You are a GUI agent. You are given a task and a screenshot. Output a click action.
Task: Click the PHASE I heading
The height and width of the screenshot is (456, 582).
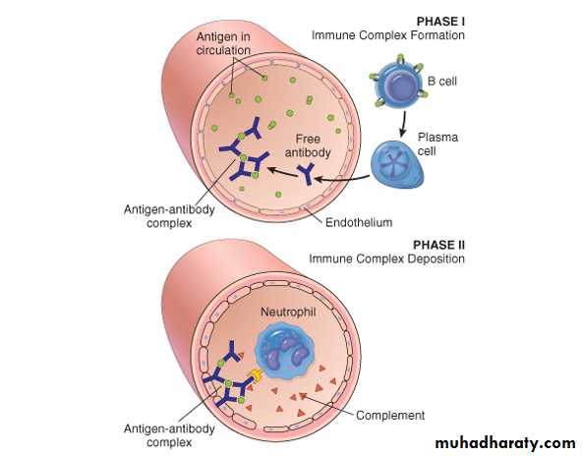[x=440, y=22]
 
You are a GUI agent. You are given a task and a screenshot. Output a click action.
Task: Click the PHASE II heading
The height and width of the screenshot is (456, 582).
[x=438, y=245]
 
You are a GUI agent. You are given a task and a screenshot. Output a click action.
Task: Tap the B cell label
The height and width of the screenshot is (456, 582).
[x=441, y=81]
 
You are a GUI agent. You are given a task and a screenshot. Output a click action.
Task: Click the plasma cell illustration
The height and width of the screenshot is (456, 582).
[x=397, y=163]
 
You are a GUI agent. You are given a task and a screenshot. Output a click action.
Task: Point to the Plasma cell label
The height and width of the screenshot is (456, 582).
[x=437, y=143]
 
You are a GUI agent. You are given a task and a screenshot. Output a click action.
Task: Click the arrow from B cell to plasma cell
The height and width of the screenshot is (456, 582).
[x=403, y=124]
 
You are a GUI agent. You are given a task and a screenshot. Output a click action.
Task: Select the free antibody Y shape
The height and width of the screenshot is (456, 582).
[x=307, y=174]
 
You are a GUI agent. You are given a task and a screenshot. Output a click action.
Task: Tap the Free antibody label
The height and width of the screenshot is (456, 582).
[x=308, y=145]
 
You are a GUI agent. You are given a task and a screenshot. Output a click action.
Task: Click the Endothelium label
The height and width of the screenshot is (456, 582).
[x=359, y=222]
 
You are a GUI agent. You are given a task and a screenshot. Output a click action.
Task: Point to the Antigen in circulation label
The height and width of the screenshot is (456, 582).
[x=223, y=43]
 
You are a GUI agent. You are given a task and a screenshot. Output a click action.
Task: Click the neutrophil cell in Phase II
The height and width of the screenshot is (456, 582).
[x=285, y=351]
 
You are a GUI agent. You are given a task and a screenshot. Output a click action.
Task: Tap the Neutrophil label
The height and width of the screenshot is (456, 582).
[x=288, y=312]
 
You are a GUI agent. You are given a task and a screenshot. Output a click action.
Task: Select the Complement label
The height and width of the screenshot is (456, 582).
[x=390, y=415]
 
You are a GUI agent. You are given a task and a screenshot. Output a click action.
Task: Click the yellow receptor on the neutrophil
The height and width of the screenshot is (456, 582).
[x=256, y=375]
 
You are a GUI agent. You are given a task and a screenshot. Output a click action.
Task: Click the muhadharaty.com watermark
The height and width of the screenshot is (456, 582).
[x=505, y=442]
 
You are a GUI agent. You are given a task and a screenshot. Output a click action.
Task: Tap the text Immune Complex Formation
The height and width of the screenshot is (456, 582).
[x=388, y=35]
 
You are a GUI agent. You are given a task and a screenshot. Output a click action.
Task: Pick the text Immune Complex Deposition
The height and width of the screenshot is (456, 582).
[x=386, y=258]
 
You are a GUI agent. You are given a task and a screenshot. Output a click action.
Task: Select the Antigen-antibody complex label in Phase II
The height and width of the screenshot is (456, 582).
[x=169, y=435]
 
